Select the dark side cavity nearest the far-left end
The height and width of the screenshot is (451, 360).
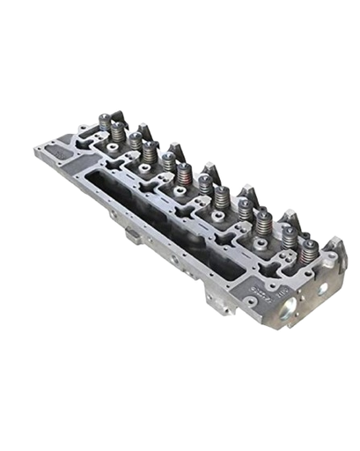(x=114, y=185)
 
